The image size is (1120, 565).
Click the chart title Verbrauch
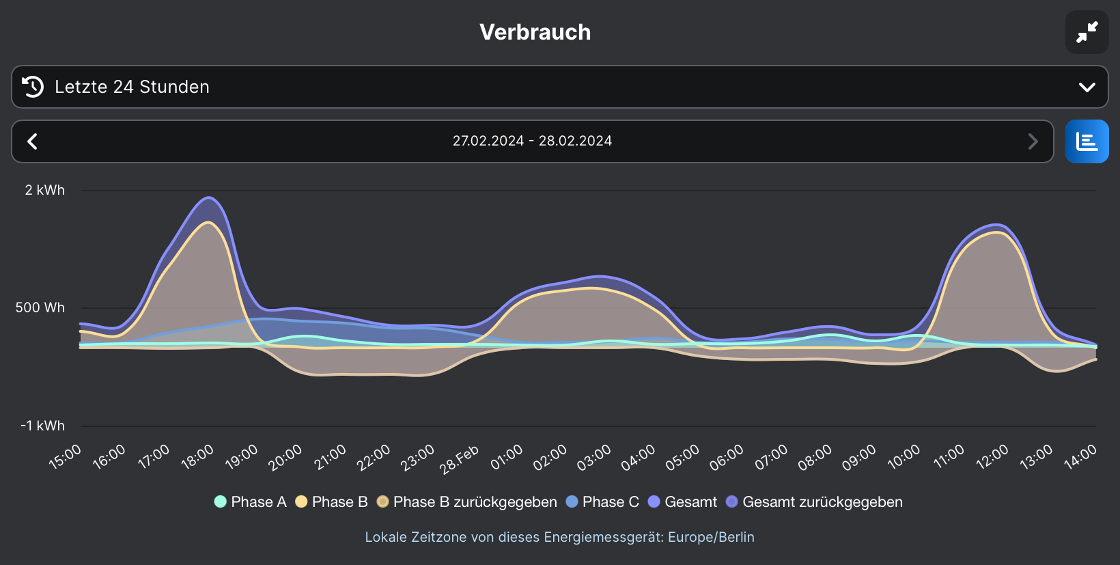pos(535,32)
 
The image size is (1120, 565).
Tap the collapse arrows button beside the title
pos(1087,32)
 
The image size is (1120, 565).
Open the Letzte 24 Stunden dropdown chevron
pos(1087,87)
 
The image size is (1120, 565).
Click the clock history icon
pos(33,87)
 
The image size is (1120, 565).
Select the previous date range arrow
pos(32,141)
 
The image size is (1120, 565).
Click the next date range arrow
pos(1033,141)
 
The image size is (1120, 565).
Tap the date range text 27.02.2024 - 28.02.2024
pos(532,141)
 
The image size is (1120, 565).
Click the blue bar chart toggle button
pos(1087,141)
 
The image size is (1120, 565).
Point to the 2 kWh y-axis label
pos(45,191)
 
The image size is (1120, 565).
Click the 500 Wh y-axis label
pos(40,308)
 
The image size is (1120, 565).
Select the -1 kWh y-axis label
pos(43,426)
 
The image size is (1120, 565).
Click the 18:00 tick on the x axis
pos(197,456)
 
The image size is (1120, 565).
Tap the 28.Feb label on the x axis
pos(459,459)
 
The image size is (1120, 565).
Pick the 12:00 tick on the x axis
pos(992,456)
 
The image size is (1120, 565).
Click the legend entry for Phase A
pos(251,502)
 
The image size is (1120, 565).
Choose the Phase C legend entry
pos(602,502)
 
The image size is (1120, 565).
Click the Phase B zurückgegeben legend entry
pos(467,502)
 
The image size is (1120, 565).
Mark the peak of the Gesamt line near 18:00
pos(209,198)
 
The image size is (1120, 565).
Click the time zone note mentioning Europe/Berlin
pos(559,537)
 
